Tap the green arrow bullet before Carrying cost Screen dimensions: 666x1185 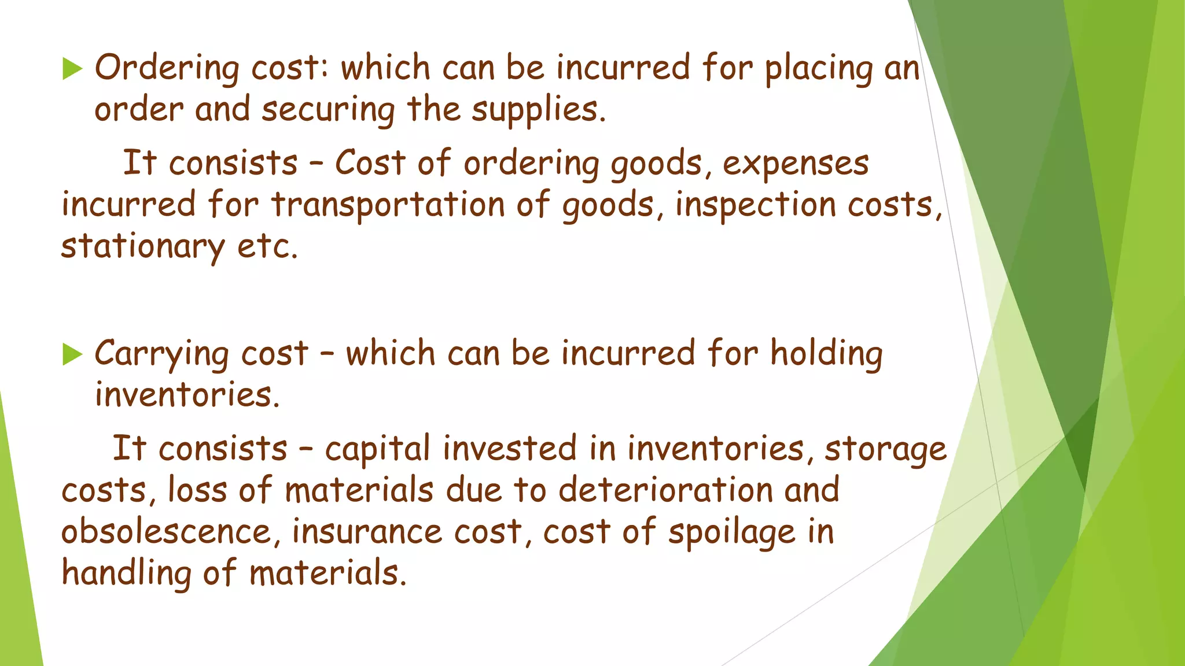[x=72, y=354]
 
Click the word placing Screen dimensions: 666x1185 [x=818, y=69]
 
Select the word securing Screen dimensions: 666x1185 [x=328, y=110]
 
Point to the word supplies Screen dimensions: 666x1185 [x=538, y=110]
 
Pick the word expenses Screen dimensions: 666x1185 [x=796, y=164]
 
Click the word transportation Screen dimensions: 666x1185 [x=388, y=205]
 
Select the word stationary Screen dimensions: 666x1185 [x=142, y=247]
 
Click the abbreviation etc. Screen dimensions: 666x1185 [x=267, y=247]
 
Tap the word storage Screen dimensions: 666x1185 [x=885, y=449]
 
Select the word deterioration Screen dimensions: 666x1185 [x=665, y=490]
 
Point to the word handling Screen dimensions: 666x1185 [x=126, y=573]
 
